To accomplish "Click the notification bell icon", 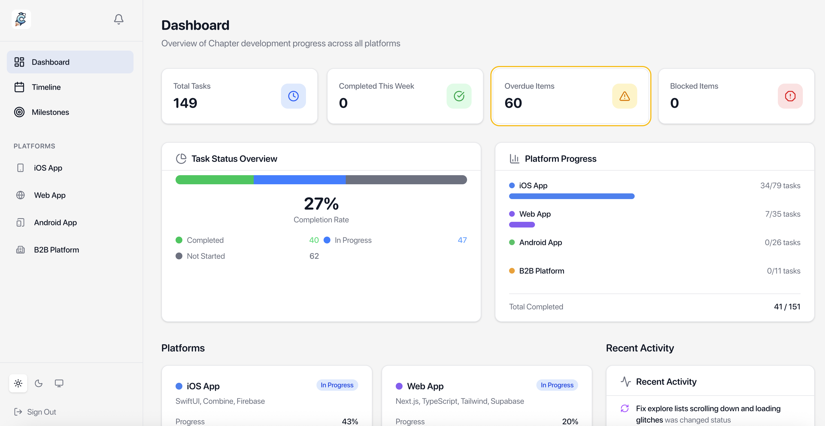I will (118, 19).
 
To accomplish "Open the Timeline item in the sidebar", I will (46, 87).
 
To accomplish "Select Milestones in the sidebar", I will (50, 112).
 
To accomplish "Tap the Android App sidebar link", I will (55, 222).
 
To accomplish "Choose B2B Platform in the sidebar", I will (56, 250).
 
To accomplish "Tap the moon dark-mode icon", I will (38, 383).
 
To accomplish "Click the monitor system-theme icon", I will (59, 383).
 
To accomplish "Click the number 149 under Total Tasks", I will (185, 103).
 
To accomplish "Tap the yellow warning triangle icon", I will (624, 96).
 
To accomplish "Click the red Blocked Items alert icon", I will (790, 96).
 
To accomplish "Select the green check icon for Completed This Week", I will (459, 96).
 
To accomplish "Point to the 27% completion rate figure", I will (321, 204).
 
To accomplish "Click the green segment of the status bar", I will (214, 179).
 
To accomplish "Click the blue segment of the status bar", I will (299, 179).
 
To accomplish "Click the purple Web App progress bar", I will (522, 225).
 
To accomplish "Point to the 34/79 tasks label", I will (780, 186).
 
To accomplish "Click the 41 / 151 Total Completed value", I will (787, 307).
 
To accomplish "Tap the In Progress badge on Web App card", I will (557, 385).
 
